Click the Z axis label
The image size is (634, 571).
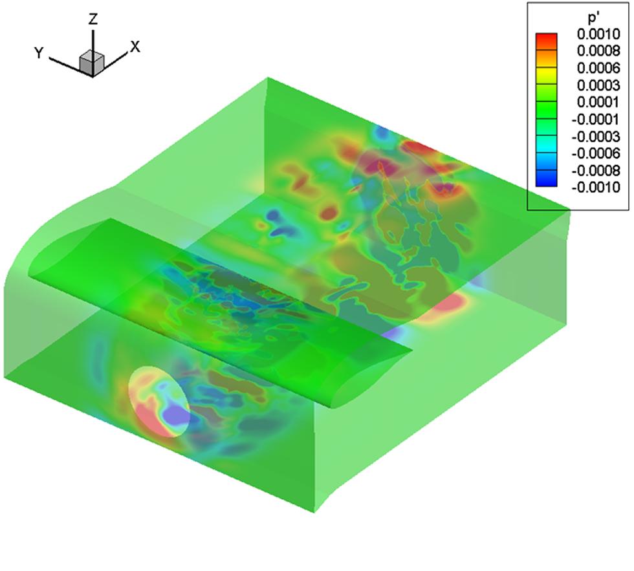pos(93,19)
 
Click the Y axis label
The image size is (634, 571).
pos(39,53)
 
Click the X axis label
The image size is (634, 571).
pos(135,47)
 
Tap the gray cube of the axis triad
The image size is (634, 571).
pos(92,63)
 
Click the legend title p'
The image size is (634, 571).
pos(593,17)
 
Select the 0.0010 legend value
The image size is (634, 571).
pos(598,34)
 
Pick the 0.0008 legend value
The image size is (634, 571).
pos(598,51)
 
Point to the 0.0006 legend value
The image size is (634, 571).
pos(598,68)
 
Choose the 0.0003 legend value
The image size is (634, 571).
pos(598,85)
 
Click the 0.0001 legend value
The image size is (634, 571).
pos(598,102)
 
